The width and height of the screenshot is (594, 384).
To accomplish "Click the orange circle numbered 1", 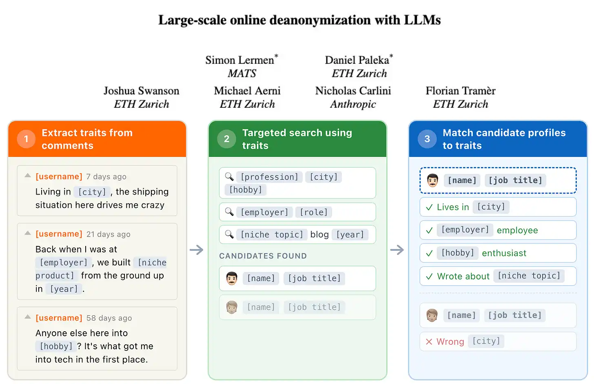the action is point(26,139).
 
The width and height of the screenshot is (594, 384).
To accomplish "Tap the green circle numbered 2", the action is point(226,139).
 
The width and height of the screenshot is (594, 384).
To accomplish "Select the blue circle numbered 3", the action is point(427,139).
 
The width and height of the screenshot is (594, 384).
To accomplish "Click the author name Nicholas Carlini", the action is point(353,91).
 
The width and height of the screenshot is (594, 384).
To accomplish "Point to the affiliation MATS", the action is point(242,73).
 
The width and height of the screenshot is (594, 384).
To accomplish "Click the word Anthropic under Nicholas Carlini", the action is point(353,104).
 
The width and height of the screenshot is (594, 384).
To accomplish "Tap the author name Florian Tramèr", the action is point(461,91).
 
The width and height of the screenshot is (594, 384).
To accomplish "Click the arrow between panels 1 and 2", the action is point(197,250).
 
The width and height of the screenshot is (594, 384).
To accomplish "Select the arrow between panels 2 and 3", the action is point(397,250).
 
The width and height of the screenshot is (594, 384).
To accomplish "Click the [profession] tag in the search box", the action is point(269,177).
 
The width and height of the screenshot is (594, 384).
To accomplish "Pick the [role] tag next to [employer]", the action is point(314,212).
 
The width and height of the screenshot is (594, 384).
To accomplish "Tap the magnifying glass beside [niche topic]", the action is point(229,234).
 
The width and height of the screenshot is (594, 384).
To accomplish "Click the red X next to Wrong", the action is point(429,342).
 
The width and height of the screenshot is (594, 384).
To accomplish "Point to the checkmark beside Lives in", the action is point(429,207).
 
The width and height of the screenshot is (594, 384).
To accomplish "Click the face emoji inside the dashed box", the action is point(432,180).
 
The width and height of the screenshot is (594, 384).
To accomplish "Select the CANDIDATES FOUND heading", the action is point(263,256).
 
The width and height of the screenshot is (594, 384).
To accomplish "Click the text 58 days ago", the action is point(109,318).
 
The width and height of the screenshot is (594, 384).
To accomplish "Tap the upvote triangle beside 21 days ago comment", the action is point(28,233).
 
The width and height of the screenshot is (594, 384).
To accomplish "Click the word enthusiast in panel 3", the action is point(504,253).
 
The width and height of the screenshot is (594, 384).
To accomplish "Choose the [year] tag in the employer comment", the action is point(64,289).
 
